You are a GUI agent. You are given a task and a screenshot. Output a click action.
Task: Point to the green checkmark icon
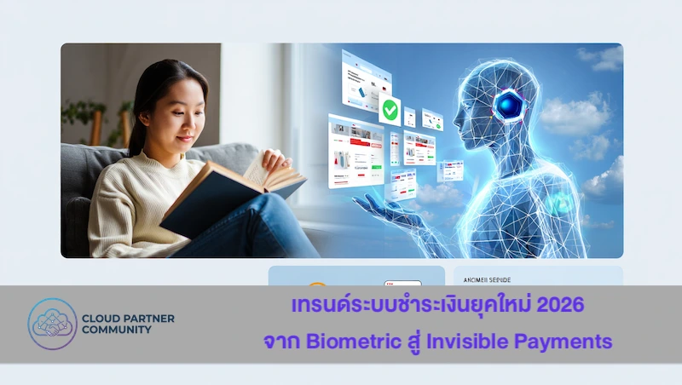coord(390,110)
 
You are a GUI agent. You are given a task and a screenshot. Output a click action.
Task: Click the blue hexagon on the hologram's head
coord(509,105)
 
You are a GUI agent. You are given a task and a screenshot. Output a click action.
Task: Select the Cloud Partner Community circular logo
coord(52,325)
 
